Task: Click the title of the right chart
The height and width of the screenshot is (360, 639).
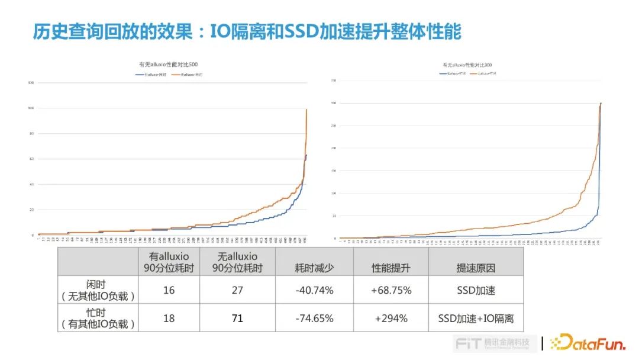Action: (x=467, y=65)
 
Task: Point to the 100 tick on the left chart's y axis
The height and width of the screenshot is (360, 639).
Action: (x=30, y=108)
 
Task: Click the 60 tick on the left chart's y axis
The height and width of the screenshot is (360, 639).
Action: (x=31, y=159)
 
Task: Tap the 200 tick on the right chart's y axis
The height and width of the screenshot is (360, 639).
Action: (x=334, y=148)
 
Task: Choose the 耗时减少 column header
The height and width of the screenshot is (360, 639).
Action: (x=314, y=268)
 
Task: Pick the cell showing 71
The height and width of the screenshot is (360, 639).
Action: (x=237, y=319)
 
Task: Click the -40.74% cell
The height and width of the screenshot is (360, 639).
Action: (x=314, y=291)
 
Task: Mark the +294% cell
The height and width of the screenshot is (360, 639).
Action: (x=390, y=319)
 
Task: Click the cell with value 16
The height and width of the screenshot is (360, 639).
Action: (x=169, y=291)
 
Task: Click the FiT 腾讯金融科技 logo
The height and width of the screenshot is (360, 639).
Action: (x=495, y=343)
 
